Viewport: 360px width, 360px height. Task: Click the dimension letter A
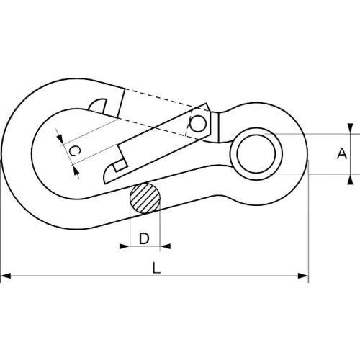click(x=342, y=153)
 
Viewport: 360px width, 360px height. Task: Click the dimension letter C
click(x=74, y=151)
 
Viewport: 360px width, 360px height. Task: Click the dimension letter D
click(x=144, y=238)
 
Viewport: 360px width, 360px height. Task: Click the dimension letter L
click(x=156, y=268)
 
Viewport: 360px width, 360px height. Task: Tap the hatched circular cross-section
click(x=145, y=198)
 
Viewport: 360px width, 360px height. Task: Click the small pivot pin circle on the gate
click(x=198, y=124)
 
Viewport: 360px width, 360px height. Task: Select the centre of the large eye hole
click(x=256, y=153)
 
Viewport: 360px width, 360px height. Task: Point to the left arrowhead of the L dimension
click(x=6, y=276)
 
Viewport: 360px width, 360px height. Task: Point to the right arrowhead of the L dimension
click(x=303, y=276)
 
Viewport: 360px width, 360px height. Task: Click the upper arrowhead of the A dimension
click(x=351, y=128)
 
